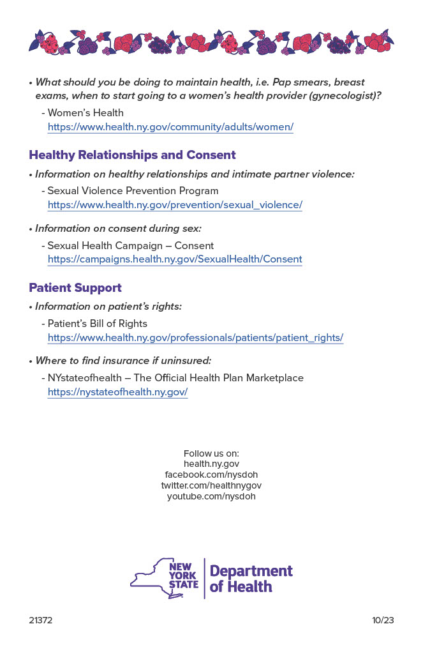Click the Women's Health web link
[x=170, y=126]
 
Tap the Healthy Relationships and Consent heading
[x=132, y=155]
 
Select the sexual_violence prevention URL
[x=175, y=205]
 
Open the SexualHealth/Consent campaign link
[x=175, y=259]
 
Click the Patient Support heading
[x=75, y=288]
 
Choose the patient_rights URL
[x=195, y=337]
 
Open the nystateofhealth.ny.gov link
[x=117, y=392]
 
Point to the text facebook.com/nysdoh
[x=211, y=475]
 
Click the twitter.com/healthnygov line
[x=211, y=485]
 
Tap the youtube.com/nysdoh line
[x=211, y=496]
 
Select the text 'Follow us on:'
[x=211, y=453]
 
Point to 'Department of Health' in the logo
[x=251, y=579]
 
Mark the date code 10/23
[x=383, y=620]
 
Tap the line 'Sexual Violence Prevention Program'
[x=133, y=191]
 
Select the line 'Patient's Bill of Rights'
[x=97, y=323]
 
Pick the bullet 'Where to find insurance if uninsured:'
[x=123, y=361]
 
